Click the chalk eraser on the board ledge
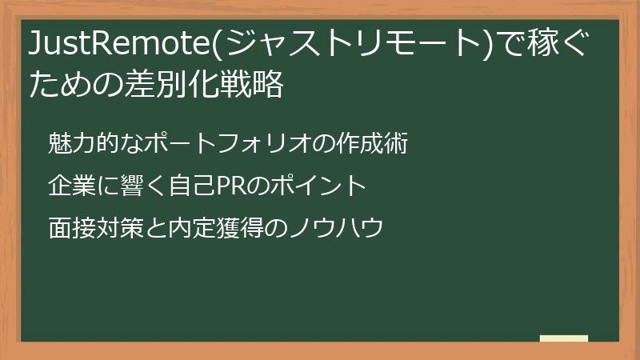pos(564,339)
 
